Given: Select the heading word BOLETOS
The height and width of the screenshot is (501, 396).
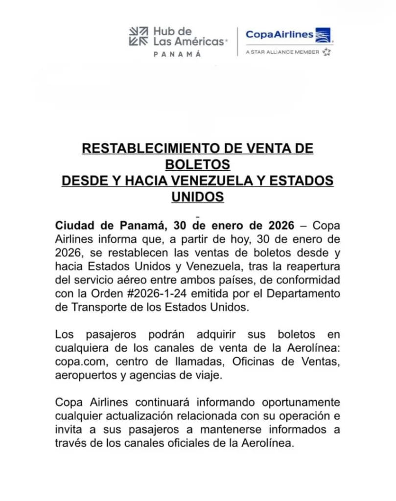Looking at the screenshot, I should (x=197, y=164).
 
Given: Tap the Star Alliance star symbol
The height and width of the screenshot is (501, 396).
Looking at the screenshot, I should (x=327, y=52).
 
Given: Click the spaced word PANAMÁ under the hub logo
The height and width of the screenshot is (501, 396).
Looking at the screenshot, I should (x=177, y=54).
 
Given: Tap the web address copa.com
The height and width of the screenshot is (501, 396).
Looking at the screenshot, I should (x=77, y=363).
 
